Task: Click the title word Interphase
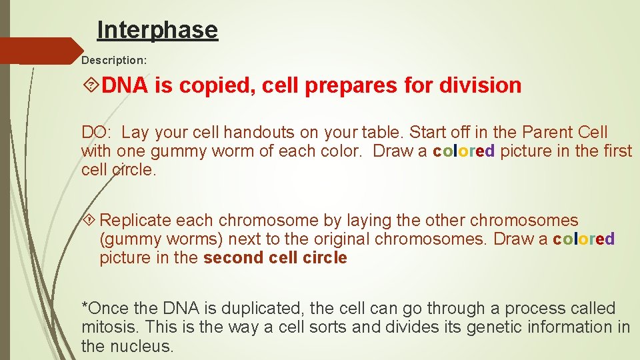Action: (157, 30)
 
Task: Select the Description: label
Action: (114, 60)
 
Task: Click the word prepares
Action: (350, 85)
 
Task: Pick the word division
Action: (480, 85)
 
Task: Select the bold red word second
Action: (233, 258)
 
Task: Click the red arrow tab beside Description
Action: (40, 51)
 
